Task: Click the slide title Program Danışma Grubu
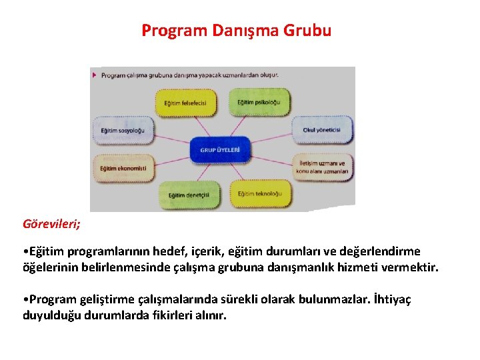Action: (236, 31)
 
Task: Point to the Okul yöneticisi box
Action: (321, 130)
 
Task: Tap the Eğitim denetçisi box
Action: (189, 195)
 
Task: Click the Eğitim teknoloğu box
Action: (259, 193)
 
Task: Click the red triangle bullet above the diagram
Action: (95, 75)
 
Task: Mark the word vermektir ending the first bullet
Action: (411, 267)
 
